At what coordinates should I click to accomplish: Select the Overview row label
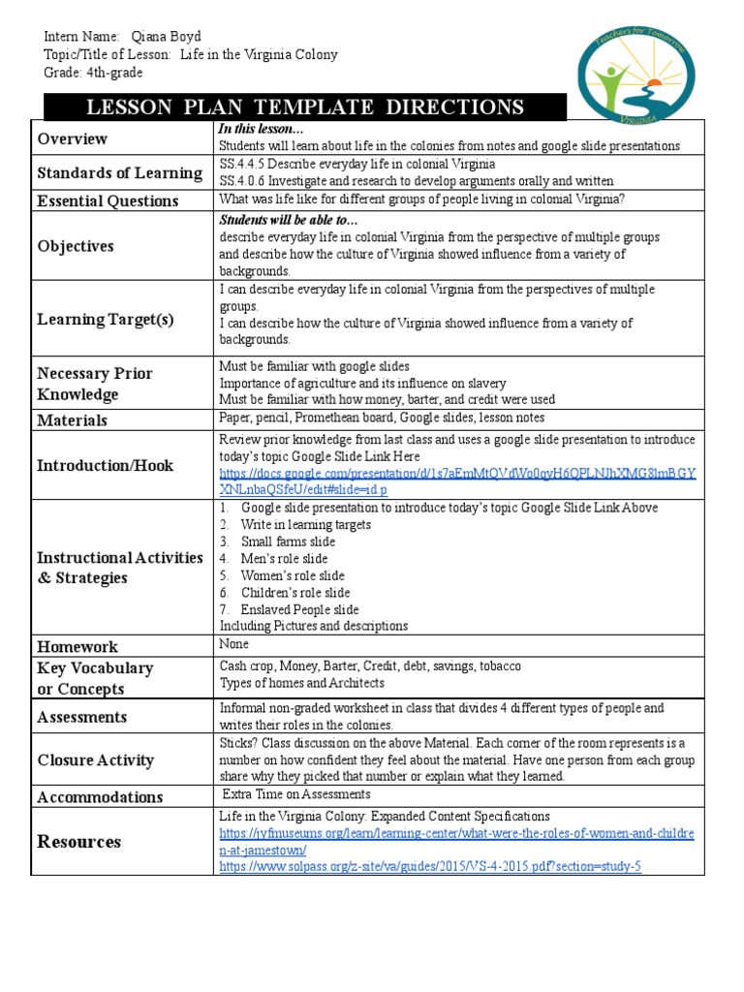tap(73, 139)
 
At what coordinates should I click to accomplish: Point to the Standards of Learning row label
tap(119, 173)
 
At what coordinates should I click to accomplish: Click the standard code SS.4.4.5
tap(243, 164)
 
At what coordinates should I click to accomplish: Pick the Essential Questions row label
tap(108, 201)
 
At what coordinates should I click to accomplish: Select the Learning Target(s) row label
tap(106, 320)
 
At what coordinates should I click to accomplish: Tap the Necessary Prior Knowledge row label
tap(94, 384)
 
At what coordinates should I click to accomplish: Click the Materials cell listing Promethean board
tap(382, 418)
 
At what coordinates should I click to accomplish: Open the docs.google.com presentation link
tap(456, 482)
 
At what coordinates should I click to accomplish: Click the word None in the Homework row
tap(234, 644)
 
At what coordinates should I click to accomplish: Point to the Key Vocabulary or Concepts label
tap(94, 678)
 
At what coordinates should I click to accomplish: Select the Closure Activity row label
tap(95, 760)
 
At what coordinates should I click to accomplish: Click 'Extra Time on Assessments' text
tap(296, 795)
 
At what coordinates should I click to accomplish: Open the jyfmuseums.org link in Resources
tap(456, 842)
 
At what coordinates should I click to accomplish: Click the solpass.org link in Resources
tap(430, 866)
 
